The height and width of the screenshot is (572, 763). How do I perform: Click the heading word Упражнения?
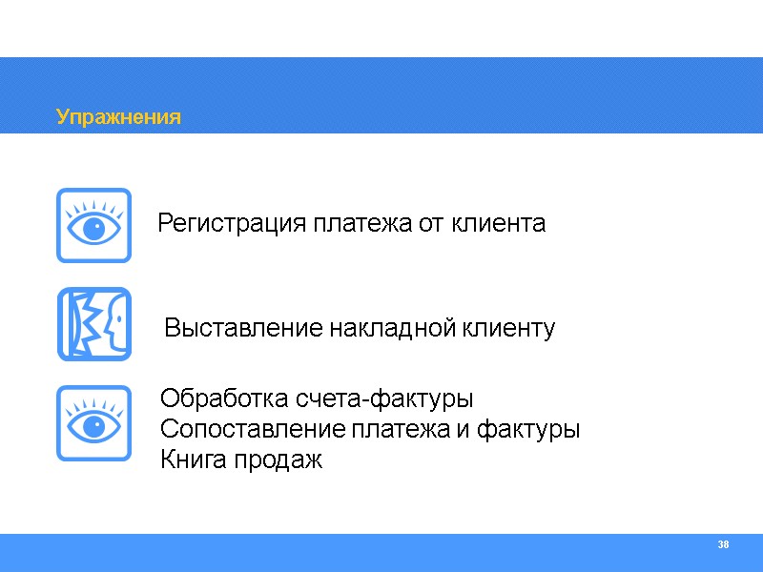coord(118,117)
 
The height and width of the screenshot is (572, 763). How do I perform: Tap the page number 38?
coord(723,544)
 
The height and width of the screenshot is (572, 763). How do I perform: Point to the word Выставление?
coord(244,330)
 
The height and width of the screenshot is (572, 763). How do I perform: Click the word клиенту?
coord(509,330)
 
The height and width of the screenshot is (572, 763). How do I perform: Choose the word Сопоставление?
coord(254,430)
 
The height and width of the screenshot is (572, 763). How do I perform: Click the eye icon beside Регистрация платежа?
coord(93,225)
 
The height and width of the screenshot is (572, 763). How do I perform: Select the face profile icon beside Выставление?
coord(93,324)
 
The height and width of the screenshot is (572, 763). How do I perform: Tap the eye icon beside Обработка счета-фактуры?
coord(93,422)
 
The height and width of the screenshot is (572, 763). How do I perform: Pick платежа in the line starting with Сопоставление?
coord(401,430)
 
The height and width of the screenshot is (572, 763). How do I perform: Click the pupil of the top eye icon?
coord(93,230)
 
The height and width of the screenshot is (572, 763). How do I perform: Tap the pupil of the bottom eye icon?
coord(93,427)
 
